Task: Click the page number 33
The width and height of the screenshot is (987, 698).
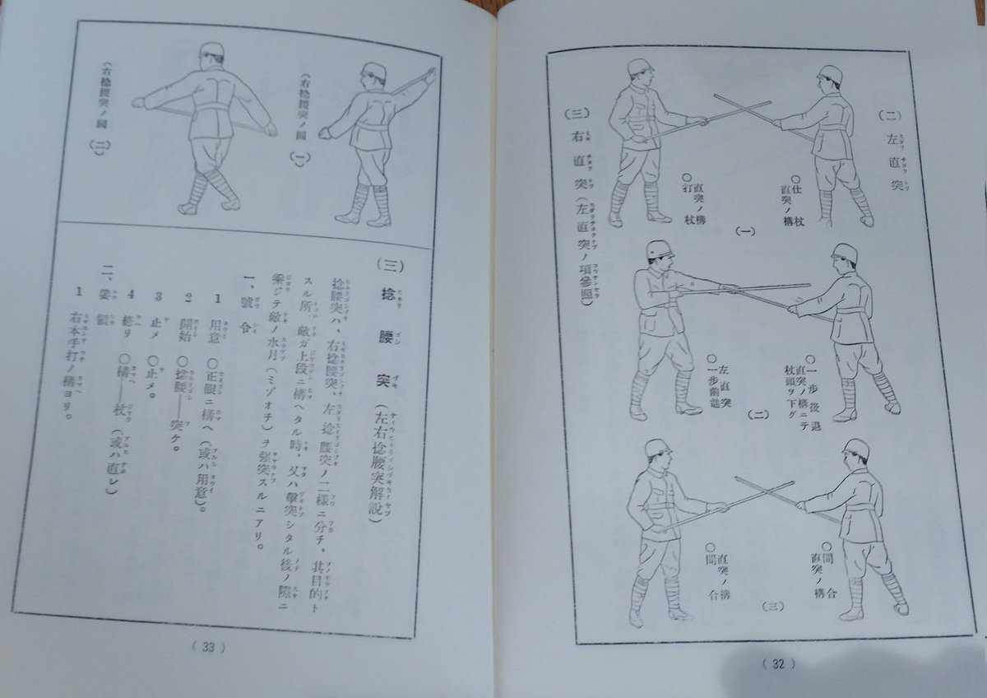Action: pos(206,647)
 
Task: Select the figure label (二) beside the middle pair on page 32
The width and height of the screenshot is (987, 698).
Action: pos(757,415)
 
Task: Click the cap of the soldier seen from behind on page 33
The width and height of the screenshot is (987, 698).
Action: pos(211,53)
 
